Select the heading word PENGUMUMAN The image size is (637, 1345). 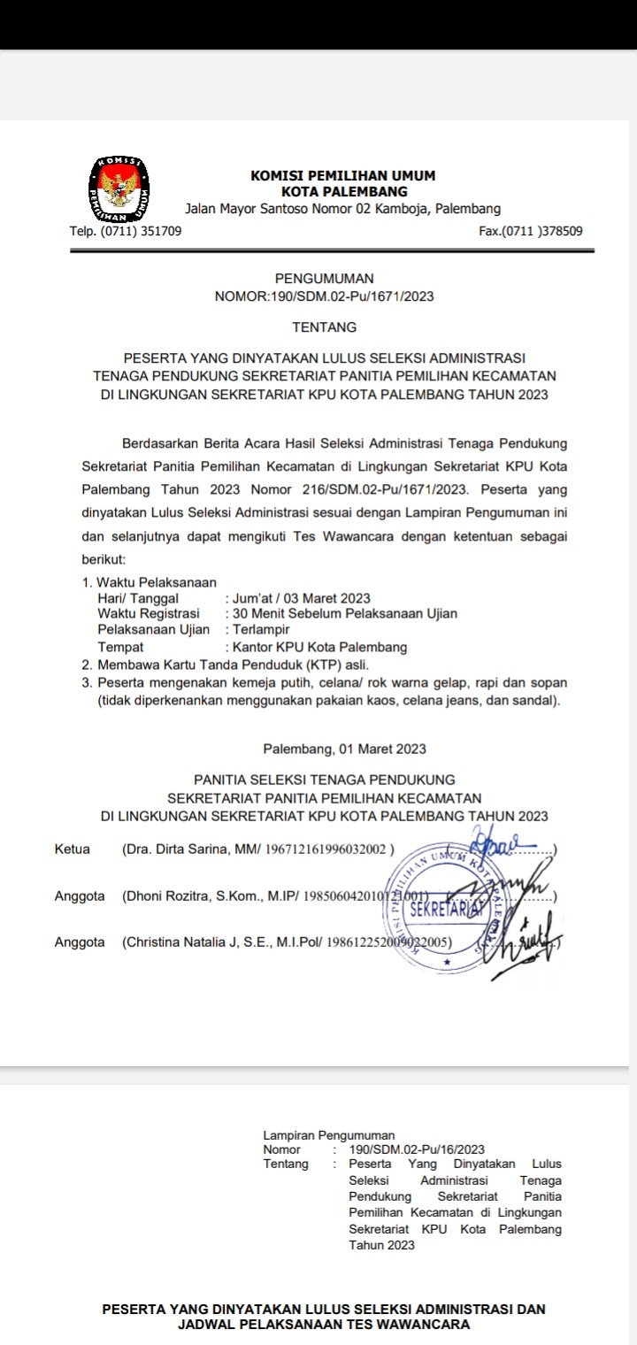tap(325, 279)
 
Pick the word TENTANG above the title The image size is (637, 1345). tap(325, 327)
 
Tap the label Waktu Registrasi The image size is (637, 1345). tap(149, 613)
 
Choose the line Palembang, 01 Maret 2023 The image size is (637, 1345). tap(345, 749)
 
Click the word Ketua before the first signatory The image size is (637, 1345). tap(73, 849)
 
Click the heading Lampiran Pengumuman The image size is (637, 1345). tap(329, 1134)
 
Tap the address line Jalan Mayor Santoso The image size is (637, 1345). tap(342, 209)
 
